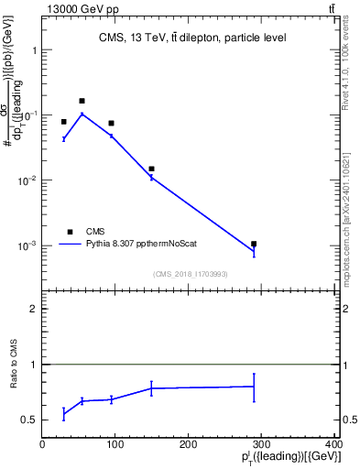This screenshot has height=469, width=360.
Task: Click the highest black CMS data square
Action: coord(82,101)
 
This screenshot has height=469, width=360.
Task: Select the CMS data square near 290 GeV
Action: coord(254,244)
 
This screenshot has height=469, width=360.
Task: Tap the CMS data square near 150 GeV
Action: coord(151,169)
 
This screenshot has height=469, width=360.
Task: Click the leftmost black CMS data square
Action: coord(64,122)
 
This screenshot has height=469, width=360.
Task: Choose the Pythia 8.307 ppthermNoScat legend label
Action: coord(142,245)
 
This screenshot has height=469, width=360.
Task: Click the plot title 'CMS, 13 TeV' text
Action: coord(191,38)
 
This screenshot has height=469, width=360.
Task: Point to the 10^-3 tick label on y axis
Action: coord(27,245)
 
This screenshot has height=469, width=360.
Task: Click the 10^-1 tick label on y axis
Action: coord(27,115)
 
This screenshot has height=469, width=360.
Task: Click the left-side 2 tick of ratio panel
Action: coord(34,309)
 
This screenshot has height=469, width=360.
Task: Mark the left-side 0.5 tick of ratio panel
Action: coord(30,420)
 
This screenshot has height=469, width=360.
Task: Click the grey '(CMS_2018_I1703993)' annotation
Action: coord(191,273)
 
